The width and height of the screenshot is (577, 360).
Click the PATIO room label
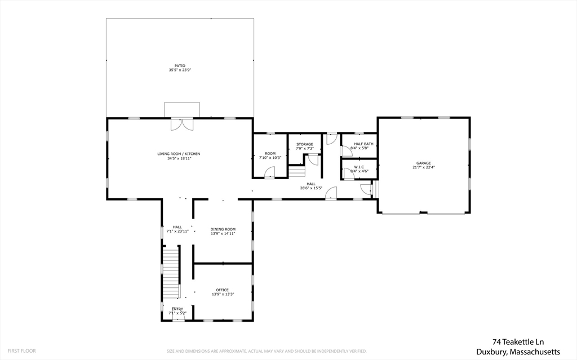[180, 65]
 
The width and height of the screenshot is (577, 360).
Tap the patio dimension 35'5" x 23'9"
[180, 70]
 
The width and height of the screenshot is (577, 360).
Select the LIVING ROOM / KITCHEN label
[179, 154]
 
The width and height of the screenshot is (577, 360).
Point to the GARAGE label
[423, 163]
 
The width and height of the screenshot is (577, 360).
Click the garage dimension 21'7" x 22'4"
[423, 167]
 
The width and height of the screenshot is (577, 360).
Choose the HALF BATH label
[363, 144]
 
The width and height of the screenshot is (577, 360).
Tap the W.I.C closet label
[359, 167]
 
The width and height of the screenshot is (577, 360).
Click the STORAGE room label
[305, 144]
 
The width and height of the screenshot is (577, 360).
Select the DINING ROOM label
[223, 229]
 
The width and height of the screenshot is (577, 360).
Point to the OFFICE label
[223, 290]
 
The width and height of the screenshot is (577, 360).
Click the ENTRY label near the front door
[177, 309]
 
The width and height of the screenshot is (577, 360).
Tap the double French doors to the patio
[181, 124]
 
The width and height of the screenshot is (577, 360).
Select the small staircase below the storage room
[296, 170]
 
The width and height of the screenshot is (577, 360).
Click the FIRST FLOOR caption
[23, 350]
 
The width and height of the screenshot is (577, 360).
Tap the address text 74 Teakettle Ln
[518, 341]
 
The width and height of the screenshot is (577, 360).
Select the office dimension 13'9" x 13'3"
[223, 294]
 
